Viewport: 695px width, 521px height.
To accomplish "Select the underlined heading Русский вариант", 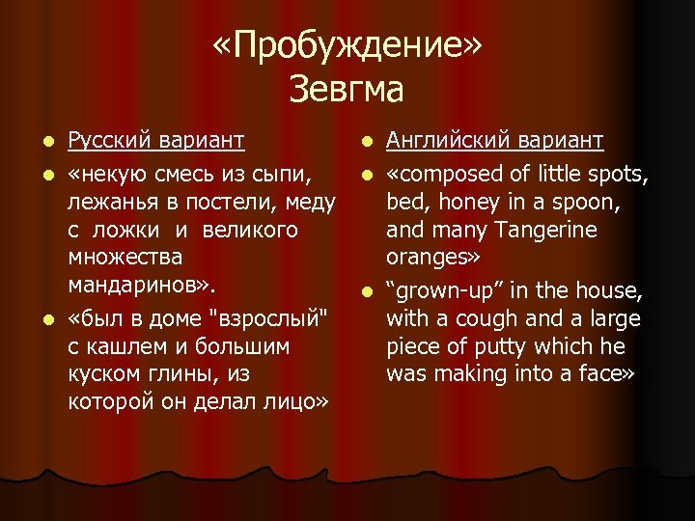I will pos(155,142).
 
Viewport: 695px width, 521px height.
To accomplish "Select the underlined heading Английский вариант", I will pos(495,142).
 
